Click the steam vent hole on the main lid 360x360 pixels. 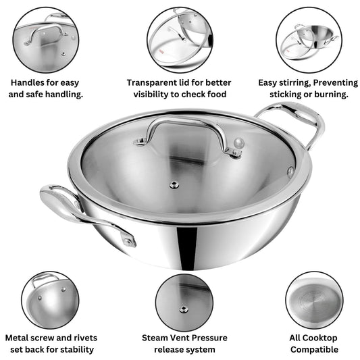click(x=174, y=184)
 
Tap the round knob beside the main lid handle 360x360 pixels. click(x=237, y=143)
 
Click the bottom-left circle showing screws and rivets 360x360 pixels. click(x=49, y=300)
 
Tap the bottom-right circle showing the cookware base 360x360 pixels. click(x=313, y=300)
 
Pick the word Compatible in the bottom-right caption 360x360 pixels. click(x=313, y=349)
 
